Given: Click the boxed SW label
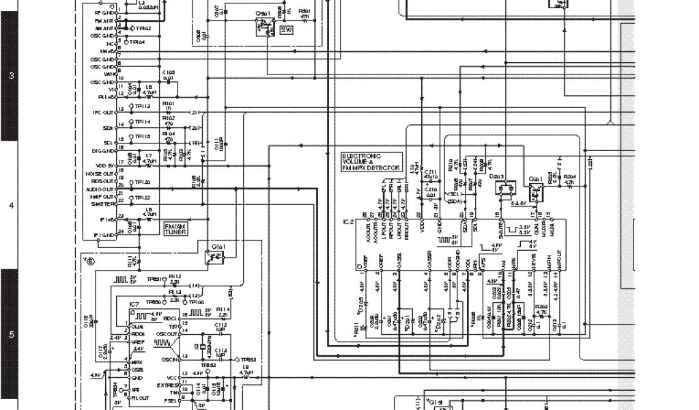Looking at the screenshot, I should (x=286, y=31).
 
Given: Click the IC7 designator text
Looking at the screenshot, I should (x=134, y=303).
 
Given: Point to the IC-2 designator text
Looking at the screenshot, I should (x=348, y=222).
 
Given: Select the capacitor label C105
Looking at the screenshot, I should (x=169, y=72).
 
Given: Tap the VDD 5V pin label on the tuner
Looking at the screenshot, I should (x=104, y=165).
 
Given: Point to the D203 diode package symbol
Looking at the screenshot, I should (x=506, y=191).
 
